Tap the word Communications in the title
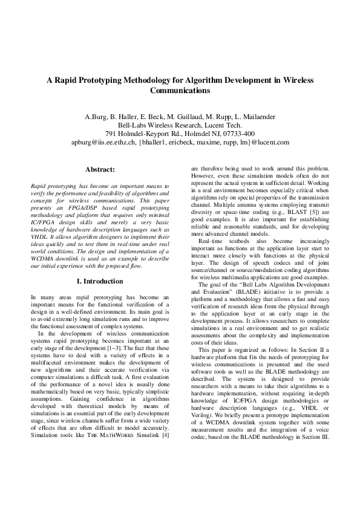pos(180,91)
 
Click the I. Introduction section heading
pos(100,281)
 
